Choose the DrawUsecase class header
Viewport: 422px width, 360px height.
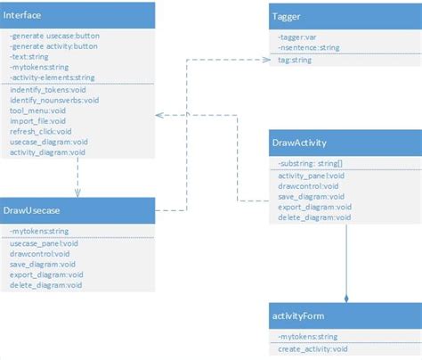(x=32, y=211)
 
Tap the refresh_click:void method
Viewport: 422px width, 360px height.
(x=43, y=132)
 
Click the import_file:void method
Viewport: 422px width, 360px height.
(x=38, y=122)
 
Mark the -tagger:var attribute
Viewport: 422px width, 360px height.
(x=299, y=38)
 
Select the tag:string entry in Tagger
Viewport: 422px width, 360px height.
(x=294, y=61)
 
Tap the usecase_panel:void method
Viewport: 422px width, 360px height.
(x=45, y=243)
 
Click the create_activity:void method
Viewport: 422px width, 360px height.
(x=312, y=348)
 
